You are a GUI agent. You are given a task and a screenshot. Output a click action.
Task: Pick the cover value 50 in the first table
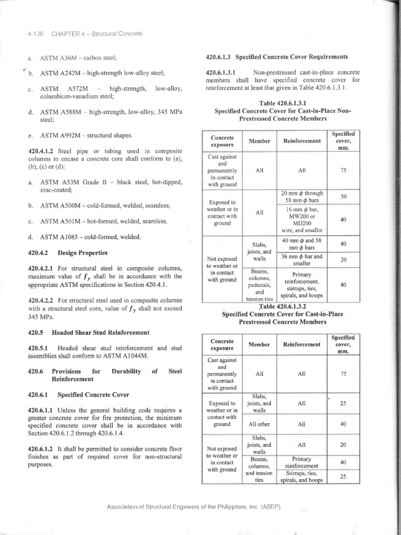[x=343, y=196]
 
